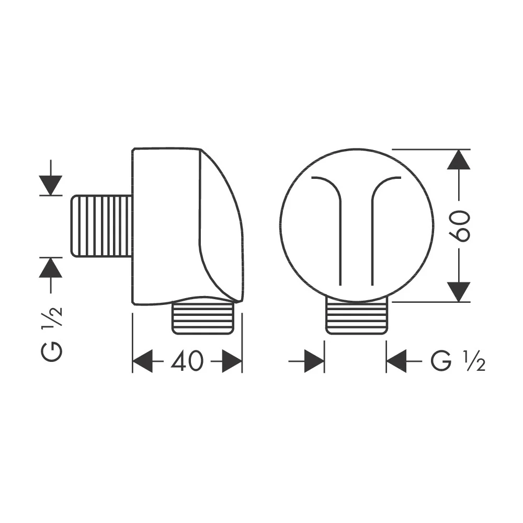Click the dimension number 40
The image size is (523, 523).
(x=187, y=360)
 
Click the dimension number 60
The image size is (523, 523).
(x=459, y=225)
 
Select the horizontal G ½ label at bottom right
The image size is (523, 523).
(x=458, y=361)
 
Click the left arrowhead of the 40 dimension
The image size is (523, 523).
(x=143, y=361)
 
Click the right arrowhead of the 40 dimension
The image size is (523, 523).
(x=232, y=361)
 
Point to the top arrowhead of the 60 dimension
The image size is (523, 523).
(x=459, y=160)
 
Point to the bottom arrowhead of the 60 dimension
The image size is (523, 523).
(x=459, y=292)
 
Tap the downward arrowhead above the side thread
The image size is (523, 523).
(x=50, y=185)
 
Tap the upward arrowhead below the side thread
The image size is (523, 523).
(x=50, y=268)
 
